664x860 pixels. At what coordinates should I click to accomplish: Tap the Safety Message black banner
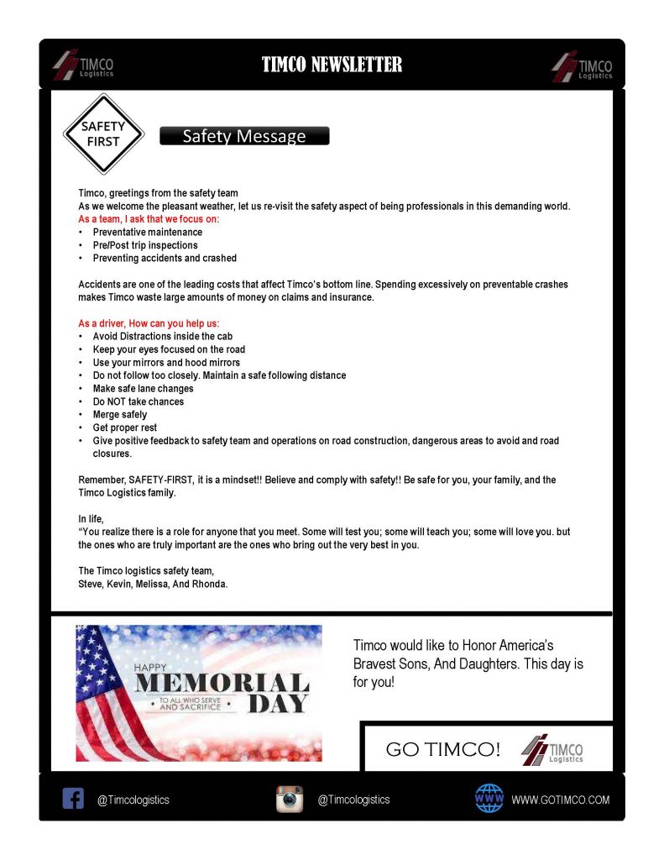tap(244, 136)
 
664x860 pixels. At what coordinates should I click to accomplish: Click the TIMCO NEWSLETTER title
tap(332, 65)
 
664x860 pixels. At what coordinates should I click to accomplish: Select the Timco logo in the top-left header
tap(83, 66)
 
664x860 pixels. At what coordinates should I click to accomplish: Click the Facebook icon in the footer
tap(74, 798)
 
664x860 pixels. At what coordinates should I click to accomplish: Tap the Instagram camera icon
tap(290, 799)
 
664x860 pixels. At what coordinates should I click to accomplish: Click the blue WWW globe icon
tap(489, 798)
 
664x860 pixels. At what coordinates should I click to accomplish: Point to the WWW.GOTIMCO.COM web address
tap(561, 800)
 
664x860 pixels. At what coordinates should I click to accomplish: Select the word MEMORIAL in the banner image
tap(221, 682)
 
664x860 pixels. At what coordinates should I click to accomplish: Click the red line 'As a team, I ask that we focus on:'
tap(149, 219)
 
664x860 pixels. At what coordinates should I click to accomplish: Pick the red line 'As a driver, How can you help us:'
tap(149, 323)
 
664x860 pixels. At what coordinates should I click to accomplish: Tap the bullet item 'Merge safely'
tap(120, 415)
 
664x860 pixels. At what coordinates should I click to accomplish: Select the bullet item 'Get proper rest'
tap(126, 427)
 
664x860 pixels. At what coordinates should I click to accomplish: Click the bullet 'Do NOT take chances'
tap(139, 401)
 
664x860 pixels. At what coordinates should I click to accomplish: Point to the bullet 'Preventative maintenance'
tap(148, 232)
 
